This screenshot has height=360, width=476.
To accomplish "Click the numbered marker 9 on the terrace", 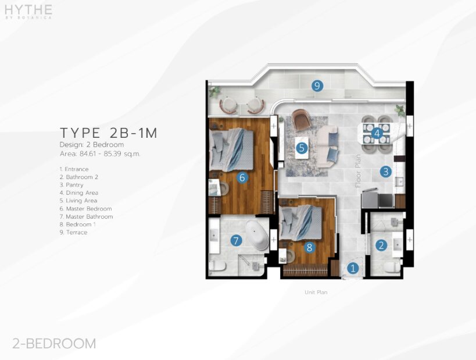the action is click(x=317, y=86).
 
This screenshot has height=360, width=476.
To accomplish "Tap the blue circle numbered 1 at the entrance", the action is click(x=353, y=268).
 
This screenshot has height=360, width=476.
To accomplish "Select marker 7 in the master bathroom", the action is click(x=236, y=241).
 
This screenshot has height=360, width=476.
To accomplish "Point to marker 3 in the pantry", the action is click(x=385, y=172).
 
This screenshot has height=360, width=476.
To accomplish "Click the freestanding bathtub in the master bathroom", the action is click(x=257, y=235).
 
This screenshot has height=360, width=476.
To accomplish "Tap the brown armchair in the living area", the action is click(x=302, y=120).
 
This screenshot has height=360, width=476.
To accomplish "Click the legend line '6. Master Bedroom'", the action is click(x=86, y=209).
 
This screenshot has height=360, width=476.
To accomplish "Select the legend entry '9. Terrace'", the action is click(x=74, y=233).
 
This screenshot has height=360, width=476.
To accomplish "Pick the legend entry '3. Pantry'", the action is click(x=71, y=185).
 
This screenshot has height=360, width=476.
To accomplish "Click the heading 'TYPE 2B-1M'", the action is click(x=109, y=133).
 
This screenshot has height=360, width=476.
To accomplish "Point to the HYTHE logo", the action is click(x=28, y=11).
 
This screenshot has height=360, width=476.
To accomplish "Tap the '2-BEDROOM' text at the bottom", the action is click(x=54, y=344).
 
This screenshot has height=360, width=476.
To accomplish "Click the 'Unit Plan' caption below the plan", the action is click(x=316, y=293).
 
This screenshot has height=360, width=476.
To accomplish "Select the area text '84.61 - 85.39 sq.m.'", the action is click(x=110, y=154).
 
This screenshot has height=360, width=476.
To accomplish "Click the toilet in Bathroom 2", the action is click(x=392, y=268).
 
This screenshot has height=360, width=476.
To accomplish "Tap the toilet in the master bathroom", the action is click(x=217, y=266).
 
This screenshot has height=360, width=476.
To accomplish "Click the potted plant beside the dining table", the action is click(x=400, y=111).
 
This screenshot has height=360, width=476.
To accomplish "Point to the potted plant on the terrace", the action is click(x=214, y=91).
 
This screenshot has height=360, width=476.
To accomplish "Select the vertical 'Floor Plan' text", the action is click(x=358, y=171).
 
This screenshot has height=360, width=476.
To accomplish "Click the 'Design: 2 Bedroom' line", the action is click(x=92, y=145).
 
